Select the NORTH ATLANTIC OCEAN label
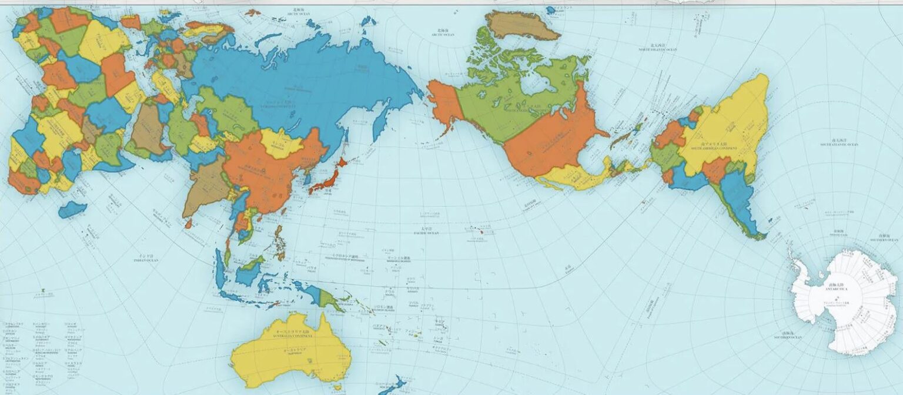pos(657,49)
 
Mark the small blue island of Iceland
pos(550,9)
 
